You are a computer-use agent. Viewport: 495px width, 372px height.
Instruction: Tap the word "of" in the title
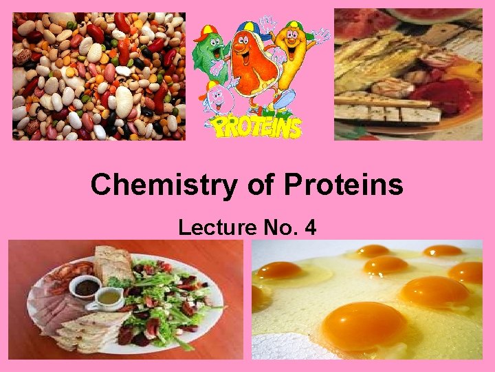tap(242, 185)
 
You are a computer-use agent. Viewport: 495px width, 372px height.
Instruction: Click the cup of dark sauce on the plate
tap(87, 287)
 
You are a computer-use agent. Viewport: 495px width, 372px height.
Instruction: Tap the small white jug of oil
tap(111, 298)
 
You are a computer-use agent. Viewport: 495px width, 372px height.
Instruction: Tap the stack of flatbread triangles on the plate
tap(86, 331)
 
